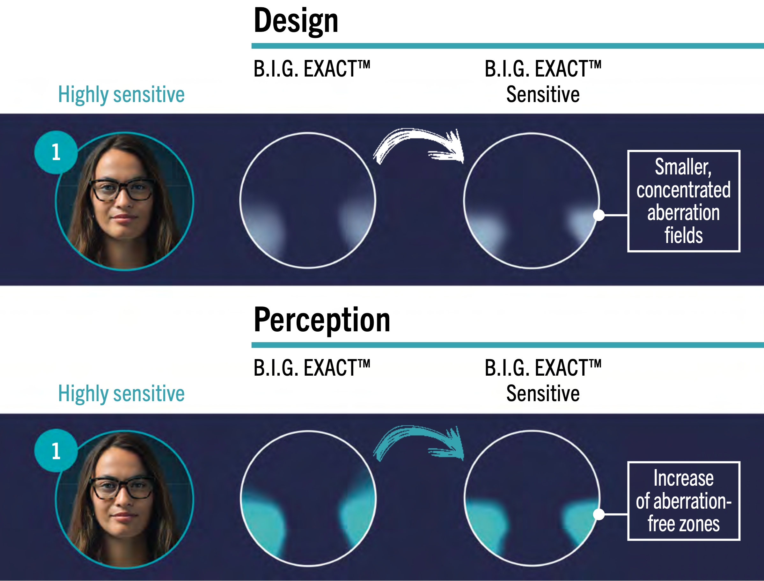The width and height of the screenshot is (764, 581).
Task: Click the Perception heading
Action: [x=322, y=320]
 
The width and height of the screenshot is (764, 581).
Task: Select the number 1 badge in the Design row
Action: [x=56, y=152]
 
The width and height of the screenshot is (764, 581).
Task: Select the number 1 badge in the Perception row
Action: [x=56, y=451]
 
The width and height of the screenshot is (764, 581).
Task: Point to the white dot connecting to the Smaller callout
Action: [x=599, y=215]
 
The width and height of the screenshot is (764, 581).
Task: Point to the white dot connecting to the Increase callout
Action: [x=599, y=514]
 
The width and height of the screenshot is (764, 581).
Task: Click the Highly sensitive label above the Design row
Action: [x=121, y=95]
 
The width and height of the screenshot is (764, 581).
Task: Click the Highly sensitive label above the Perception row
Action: [x=121, y=394]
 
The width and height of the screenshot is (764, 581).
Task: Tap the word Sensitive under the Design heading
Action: [x=543, y=94]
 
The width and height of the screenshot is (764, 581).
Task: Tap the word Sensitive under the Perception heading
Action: [x=543, y=393]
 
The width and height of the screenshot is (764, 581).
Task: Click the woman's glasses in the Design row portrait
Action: [x=122, y=190]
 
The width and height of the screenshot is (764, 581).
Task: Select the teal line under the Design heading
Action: [x=508, y=46]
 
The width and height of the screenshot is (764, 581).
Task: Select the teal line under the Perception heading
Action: [x=508, y=345]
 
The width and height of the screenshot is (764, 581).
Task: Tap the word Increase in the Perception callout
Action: [x=683, y=479]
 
